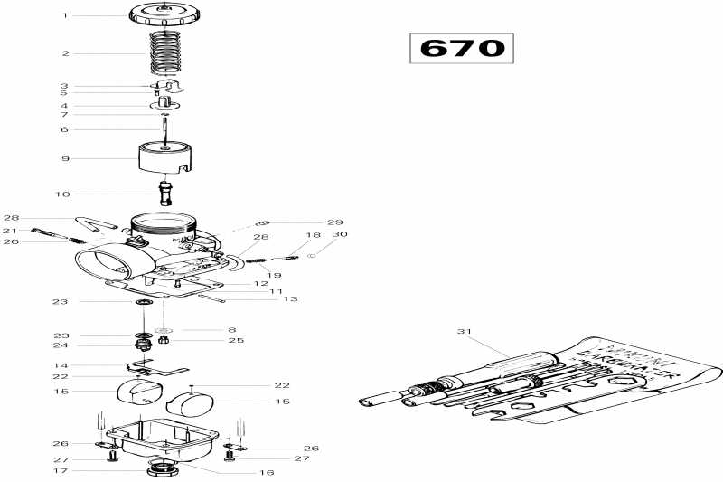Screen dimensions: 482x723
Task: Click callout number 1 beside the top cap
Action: [x=65, y=15]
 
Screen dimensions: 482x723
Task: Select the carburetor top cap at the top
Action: [x=164, y=14]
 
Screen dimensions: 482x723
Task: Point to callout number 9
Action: [x=65, y=159]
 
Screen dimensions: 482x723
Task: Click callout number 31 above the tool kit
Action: [x=465, y=332]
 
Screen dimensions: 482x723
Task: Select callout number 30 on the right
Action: [x=341, y=235]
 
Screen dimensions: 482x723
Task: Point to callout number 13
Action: [x=290, y=298]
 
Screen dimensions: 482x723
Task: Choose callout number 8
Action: [x=231, y=330]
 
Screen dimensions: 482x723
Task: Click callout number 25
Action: [x=236, y=341]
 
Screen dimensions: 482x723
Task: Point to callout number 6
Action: [x=65, y=129]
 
